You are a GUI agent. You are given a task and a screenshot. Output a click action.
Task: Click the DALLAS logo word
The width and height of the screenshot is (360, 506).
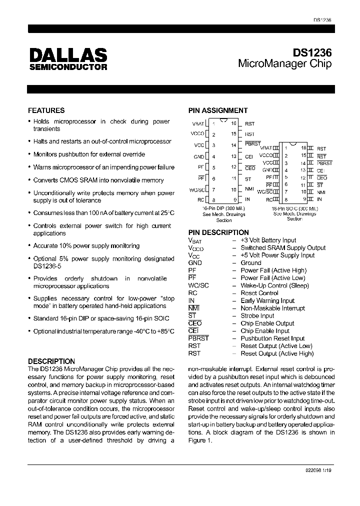click(x=67, y=54)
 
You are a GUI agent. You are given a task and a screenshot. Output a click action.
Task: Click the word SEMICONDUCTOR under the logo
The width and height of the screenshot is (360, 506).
click(x=67, y=66)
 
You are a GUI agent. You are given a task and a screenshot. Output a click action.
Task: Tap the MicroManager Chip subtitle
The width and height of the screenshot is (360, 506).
click(x=284, y=64)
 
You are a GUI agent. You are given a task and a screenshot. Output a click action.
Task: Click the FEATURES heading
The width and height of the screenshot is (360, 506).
click(x=46, y=110)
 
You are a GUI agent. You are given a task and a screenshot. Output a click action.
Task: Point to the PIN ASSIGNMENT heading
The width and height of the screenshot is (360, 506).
click(x=217, y=110)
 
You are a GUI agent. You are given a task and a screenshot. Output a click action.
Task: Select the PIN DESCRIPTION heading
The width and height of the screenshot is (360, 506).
click(x=218, y=232)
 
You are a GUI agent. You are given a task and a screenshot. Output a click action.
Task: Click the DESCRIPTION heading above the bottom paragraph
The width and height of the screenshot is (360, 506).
click(x=51, y=361)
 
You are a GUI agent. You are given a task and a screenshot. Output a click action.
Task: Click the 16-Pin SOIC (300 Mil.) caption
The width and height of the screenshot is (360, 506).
click(x=294, y=208)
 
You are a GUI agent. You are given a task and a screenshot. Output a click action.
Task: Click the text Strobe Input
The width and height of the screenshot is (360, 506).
click(x=257, y=315)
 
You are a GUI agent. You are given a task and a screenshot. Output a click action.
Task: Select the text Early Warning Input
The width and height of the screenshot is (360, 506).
click(x=267, y=300)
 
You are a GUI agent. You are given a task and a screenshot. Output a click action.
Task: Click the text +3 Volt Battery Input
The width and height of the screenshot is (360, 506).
click(x=268, y=240)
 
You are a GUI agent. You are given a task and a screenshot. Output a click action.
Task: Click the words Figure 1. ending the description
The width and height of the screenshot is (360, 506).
click(x=200, y=440)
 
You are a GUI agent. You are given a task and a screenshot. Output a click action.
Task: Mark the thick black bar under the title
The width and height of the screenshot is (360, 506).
click(x=181, y=88)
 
